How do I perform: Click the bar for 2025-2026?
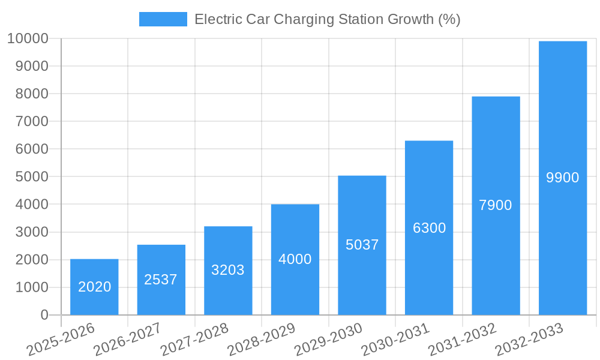coord(94,287)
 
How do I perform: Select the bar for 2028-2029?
coord(295,259)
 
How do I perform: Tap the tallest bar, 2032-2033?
coord(563,178)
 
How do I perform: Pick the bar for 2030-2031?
coord(429,228)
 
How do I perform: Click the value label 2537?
coord(161,280)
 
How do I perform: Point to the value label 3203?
coord(228,270)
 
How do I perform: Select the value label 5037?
coord(362,245)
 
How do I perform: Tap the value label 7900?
coord(496,205)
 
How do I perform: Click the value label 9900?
coord(563,178)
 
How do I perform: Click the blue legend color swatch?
coord(163,19)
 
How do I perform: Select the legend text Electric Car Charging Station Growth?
coord(327,19)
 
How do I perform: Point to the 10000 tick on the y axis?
coord(28,38)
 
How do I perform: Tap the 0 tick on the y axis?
coord(44,315)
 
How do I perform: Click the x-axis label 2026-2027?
coord(127,340)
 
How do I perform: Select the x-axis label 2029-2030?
coord(328,340)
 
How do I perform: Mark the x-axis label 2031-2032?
coord(462,340)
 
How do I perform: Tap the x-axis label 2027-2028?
coord(194,340)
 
